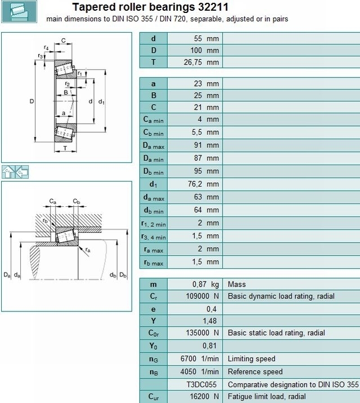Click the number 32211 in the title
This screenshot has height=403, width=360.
tap(213, 7)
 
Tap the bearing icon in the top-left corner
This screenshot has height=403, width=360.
tap(19, 12)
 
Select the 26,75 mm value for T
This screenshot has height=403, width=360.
tap(201, 62)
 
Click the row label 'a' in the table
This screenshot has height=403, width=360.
tap(154, 84)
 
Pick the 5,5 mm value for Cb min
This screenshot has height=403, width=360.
tap(205, 132)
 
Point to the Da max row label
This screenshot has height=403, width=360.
tap(154, 146)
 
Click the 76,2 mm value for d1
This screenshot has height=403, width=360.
tap(204, 184)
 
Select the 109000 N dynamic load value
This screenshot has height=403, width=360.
tap(202, 296)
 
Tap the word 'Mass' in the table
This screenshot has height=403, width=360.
tap(237, 284)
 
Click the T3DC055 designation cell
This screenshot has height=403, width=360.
tap(201, 385)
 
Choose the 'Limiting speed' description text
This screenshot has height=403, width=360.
tap(251, 359)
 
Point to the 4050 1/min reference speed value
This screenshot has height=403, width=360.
tap(200, 372)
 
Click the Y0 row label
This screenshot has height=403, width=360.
tap(154, 346)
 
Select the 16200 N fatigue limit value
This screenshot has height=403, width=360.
tap(204, 397)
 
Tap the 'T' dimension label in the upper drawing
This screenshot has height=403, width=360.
tap(65, 148)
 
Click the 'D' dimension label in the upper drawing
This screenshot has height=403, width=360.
tap(31, 101)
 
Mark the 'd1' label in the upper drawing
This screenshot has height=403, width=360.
tap(101, 102)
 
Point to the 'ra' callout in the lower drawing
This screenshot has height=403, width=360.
tap(88, 250)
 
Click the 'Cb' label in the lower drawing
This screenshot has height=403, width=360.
tap(76, 201)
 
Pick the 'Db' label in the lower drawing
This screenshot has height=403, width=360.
tap(123, 275)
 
